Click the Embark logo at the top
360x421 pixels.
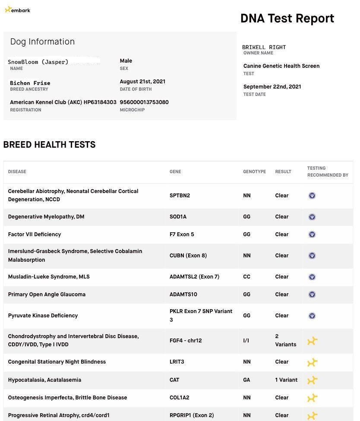click(x=17, y=10)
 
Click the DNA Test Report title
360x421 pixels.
click(x=287, y=19)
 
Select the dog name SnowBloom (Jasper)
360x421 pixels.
click(x=38, y=62)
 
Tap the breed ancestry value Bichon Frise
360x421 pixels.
click(x=30, y=83)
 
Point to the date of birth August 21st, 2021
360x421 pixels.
click(x=142, y=82)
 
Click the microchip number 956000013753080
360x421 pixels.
click(x=144, y=102)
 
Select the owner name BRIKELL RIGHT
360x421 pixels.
click(x=264, y=47)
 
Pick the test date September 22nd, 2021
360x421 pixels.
click(x=272, y=87)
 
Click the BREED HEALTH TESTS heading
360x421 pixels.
click(x=49, y=145)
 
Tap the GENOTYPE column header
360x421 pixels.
click(x=254, y=172)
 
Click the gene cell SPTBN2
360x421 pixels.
click(x=180, y=196)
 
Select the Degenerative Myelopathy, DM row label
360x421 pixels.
click(x=46, y=217)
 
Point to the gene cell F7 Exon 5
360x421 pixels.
click(x=182, y=234)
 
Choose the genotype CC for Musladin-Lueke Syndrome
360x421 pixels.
click(x=246, y=277)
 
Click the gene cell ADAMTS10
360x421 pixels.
click(x=183, y=294)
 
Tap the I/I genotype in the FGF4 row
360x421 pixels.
click(x=246, y=341)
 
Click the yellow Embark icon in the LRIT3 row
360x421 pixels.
click(x=312, y=362)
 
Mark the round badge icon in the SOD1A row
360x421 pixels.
click(x=312, y=217)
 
